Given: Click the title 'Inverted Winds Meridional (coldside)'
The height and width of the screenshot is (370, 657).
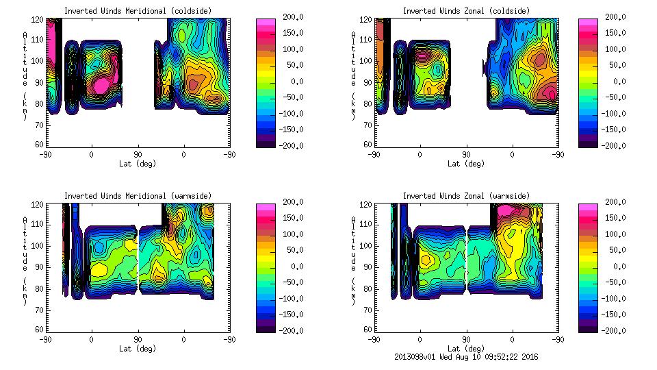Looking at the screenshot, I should [x=138, y=11].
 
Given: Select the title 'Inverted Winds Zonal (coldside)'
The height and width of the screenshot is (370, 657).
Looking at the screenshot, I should [x=466, y=11].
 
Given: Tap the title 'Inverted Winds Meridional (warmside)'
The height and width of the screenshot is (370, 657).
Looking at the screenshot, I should [x=138, y=196].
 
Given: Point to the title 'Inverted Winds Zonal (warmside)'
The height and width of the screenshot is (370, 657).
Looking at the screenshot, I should [x=466, y=196].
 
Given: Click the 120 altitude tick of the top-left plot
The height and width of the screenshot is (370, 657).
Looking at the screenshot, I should [x=39, y=18].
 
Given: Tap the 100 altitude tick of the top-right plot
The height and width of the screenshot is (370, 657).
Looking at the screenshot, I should [x=368, y=60].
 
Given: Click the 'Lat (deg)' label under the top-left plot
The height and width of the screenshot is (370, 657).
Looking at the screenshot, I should [x=138, y=164].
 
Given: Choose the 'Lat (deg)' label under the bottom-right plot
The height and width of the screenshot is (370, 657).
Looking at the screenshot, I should [x=466, y=349].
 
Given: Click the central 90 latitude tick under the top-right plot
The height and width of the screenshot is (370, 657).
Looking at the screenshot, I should [x=466, y=155].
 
